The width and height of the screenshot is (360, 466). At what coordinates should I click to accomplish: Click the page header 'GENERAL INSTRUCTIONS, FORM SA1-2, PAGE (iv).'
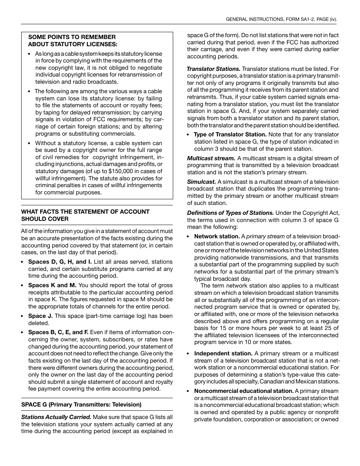(281, 19)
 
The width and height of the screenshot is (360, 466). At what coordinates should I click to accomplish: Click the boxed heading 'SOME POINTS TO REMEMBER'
(72, 37)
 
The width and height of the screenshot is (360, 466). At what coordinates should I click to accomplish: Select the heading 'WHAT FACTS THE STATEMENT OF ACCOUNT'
(85, 212)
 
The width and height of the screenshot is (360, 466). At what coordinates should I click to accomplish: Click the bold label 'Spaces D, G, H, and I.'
(60, 262)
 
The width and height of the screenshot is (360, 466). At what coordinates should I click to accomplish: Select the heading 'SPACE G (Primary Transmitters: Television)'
(81, 405)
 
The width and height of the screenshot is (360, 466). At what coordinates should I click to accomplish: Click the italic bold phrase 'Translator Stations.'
(214, 69)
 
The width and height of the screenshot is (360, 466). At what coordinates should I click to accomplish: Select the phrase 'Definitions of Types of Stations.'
(230, 213)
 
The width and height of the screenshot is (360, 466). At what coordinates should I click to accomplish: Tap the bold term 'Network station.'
(217, 236)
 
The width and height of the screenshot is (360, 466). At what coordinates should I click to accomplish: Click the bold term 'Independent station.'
(223, 353)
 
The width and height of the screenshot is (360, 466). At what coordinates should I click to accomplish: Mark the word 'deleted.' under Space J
(39, 323)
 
